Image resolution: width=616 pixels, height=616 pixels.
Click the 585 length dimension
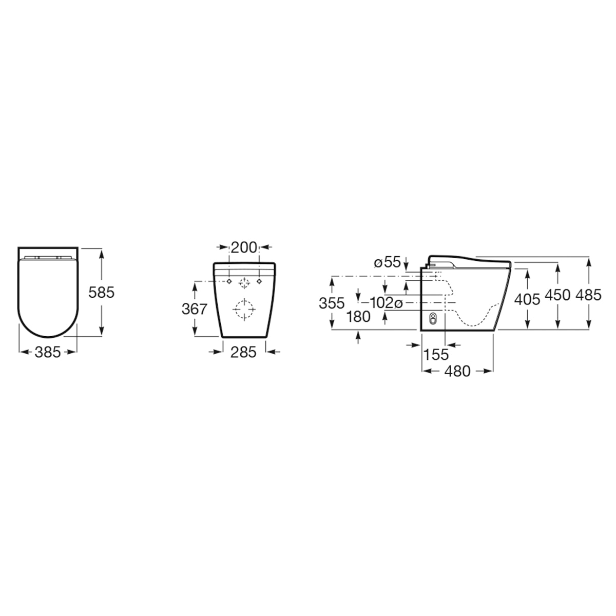[101, 292]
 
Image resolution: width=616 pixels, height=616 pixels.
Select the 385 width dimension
[48, 352]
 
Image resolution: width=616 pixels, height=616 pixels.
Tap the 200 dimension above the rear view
[244, 247]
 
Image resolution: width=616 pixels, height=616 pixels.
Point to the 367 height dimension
[195, 309]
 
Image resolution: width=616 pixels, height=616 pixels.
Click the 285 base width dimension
[243, 352]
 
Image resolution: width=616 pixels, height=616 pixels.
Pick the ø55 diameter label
[387, 262]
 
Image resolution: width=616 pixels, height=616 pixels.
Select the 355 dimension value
[332, 303]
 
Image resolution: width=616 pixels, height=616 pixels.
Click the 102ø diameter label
[386, 303]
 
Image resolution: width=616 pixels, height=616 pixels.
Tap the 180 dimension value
[358, 317]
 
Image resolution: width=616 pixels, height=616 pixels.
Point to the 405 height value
[527, 299]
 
